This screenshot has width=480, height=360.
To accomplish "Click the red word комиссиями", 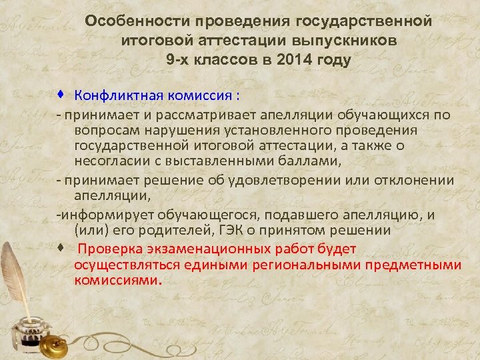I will point(117,280).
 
